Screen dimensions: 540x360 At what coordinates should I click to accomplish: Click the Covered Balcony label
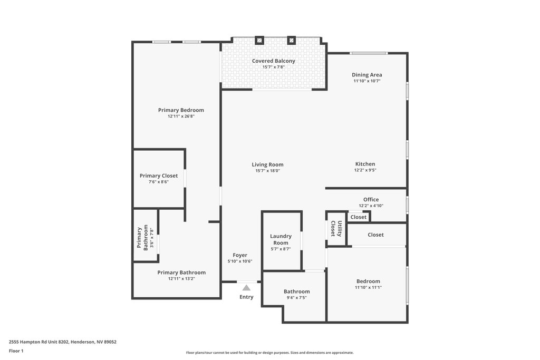[x=274, y=61]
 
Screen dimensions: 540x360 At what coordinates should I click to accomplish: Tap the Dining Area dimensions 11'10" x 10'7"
[x=367, y=81]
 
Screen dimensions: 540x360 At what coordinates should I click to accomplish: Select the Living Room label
[x=267, y=164]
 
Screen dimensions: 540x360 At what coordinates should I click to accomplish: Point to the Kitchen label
[x=365, y=164]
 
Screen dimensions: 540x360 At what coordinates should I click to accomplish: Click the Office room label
[x=371, y=199]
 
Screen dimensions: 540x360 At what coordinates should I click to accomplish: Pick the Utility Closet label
[x=336, y=229]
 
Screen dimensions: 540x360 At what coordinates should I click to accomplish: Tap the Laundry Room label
[x=281, y=239]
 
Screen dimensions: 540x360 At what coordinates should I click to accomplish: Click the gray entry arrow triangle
[x=246, y=288]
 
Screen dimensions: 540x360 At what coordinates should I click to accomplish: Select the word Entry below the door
[x=246, y=297]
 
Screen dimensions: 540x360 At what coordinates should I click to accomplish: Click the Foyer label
[x=240, y=255]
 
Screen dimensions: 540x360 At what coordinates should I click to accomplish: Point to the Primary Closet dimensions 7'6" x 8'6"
[x=158, y=182]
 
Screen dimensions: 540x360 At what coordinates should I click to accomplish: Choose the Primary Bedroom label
[x=181, y=110]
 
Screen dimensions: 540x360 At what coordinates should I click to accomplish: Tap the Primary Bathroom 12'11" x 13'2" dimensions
[x=181, y=278]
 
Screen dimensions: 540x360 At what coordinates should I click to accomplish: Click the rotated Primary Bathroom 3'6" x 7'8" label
[x=145, y=238]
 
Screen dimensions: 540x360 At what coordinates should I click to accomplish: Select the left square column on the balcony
[x=259, y=40]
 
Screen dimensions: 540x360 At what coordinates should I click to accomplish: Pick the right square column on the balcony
[x=291, y=40]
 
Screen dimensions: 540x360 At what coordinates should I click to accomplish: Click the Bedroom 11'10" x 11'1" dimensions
[x=368, y=287]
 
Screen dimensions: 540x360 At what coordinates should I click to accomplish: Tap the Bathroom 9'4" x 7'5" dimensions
[x=296, y=298]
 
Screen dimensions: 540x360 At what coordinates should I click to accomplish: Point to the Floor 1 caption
[x=16, y=351]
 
